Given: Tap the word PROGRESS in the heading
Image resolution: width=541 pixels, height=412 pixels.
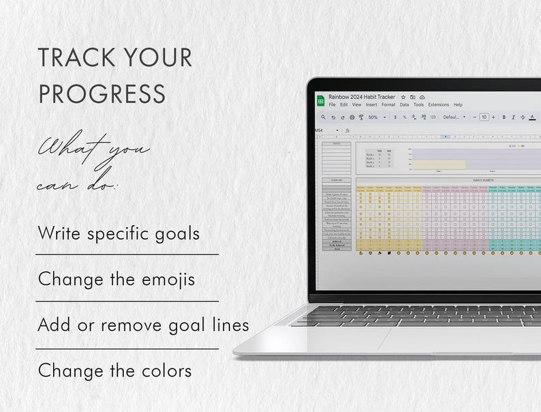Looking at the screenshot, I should coord(102,93).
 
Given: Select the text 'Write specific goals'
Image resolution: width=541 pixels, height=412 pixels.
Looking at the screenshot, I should coord(119,233).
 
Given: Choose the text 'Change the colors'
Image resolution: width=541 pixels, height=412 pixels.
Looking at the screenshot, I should coord(114,371).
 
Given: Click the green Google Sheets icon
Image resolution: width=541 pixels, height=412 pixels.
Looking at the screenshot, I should coord(320,101).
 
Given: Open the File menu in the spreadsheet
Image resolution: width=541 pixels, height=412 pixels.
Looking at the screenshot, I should coord(333,105).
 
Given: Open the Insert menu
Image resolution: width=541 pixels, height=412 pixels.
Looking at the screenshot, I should coord(371,105).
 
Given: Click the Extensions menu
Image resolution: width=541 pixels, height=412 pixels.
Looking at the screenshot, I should coord(439,105).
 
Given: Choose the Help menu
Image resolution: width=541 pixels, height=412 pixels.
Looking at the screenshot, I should coord(458,105).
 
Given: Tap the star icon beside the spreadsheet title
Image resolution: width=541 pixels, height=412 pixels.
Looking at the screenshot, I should coord(403,98).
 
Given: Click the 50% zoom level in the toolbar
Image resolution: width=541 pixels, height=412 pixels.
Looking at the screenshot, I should coord(373,117).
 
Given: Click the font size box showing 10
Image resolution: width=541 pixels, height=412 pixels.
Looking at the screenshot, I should coord(484,117).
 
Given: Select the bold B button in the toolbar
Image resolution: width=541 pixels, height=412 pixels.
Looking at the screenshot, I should coord(504,117).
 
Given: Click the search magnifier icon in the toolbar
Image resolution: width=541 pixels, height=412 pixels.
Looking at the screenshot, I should coord(323,117).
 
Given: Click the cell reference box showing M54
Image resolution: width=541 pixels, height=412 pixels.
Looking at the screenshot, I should coord(320,130).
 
